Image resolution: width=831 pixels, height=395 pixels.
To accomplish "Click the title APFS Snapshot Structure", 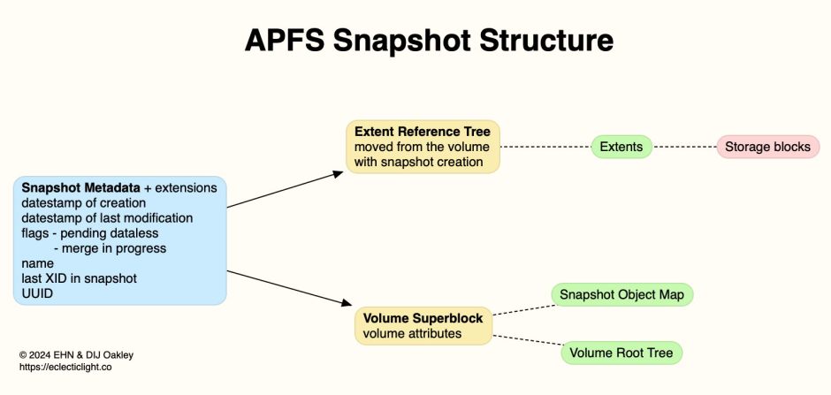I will (x=415, y=41).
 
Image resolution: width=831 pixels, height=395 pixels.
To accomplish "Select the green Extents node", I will (x=621, y=147).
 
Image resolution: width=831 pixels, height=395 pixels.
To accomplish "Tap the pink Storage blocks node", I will (x=768, y=147).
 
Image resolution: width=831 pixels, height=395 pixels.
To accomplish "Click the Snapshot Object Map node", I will (x=621, y=293).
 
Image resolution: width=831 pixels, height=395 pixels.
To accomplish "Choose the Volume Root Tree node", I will (x=621, y=353).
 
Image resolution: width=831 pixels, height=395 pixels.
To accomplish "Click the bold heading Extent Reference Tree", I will (x=423, y=132).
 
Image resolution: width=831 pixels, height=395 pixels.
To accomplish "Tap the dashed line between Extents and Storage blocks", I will (x=684, y=147).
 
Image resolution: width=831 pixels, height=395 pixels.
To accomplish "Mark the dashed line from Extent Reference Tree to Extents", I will (x=545, y=147).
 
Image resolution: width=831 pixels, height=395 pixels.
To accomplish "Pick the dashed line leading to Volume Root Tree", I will (x=527, y=344).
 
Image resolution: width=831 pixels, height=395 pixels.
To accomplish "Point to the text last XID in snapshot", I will (x=79, y=278).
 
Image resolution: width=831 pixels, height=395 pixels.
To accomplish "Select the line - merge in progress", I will (x=110, y=248).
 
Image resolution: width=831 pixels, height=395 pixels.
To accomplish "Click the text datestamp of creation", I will (x=84, y=203).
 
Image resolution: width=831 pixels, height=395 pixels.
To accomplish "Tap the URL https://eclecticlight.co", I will (x=65, y=367).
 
